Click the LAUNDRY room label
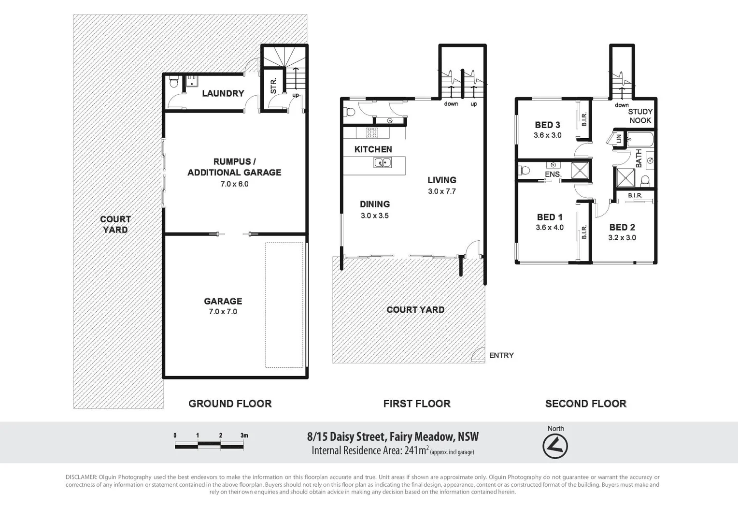[223, 93]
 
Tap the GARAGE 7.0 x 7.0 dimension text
[223, 312]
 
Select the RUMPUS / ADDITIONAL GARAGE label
[234, 167]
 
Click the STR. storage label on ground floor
[273, 86]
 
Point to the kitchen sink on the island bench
[382, 163]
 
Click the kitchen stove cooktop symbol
[371, 132]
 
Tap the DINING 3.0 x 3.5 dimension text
[374, 216]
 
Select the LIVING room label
[441, 180]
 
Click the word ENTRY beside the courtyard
[501, 355]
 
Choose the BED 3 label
[547, 125]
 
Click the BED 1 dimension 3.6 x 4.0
[550, 228]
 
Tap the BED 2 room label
[622, 227]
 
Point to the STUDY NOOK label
[640, 116]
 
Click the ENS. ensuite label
[553, 174]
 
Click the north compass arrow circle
[555, 446]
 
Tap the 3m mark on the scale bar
[244, 435]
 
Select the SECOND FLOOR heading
[585, 404]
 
